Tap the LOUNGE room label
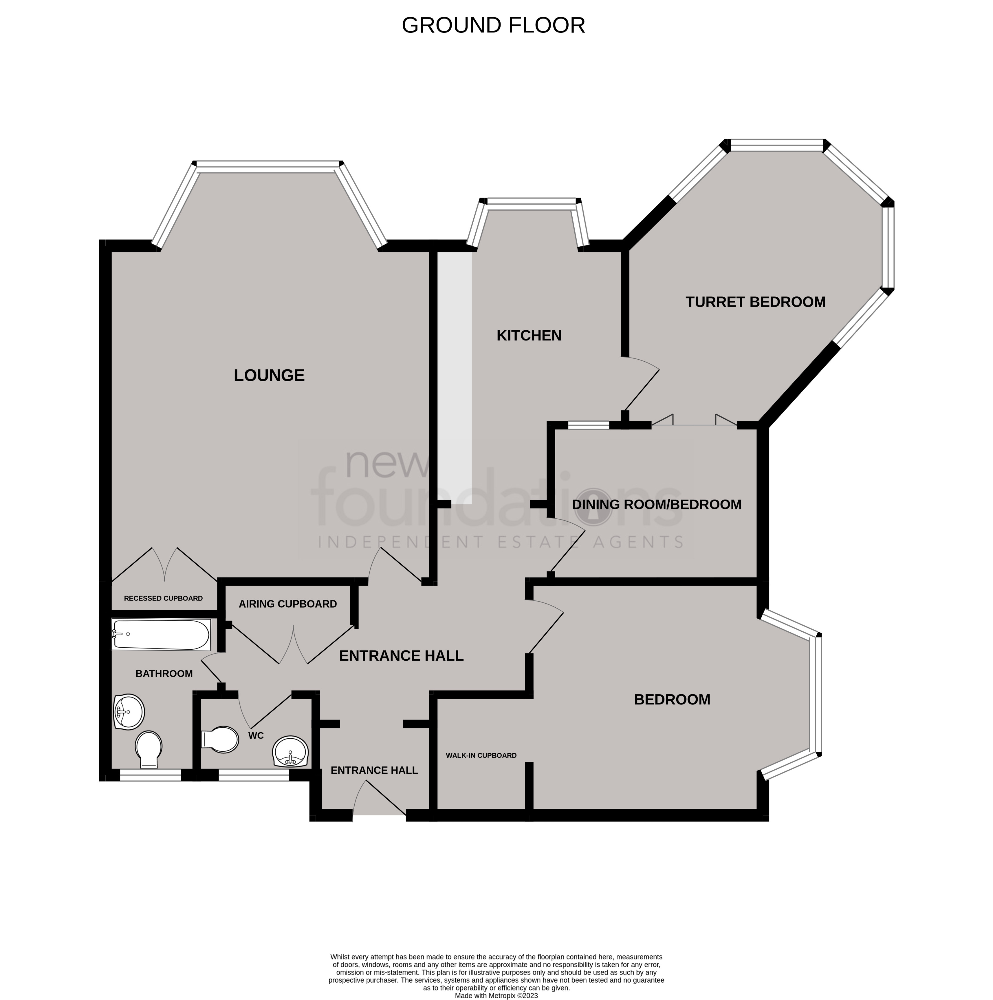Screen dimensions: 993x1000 pyautogui.click(x=269, y=375)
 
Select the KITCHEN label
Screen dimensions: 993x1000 pyautogui.click(x=529, y=335)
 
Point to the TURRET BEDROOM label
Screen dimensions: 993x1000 pyautogui.click(x=756, y=302)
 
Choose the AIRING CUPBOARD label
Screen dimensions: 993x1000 pyautogui.click(x=287, y=604)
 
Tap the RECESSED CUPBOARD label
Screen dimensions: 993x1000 pyautogui.click(x=164, y=598)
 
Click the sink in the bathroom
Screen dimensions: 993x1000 pyautogui.click(x=129, y=712)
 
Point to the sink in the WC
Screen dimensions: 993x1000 pyautogui.click(x=291, y=752)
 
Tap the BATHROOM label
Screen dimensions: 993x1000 pyautogui.click(x=164, y=673)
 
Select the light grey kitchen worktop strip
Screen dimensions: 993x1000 pyautogui.click(x=455, y=378)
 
